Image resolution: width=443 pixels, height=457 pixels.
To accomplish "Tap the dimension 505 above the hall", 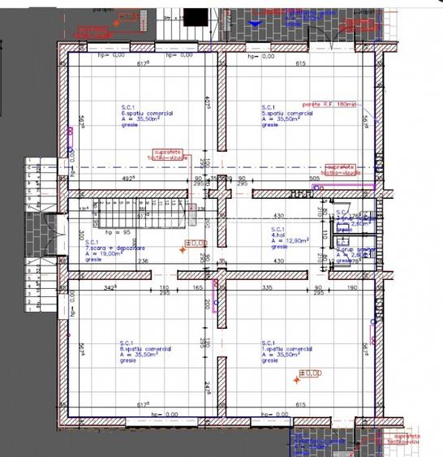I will click(315, 179).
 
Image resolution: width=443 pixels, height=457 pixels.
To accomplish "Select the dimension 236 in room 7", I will click(144, 261).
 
